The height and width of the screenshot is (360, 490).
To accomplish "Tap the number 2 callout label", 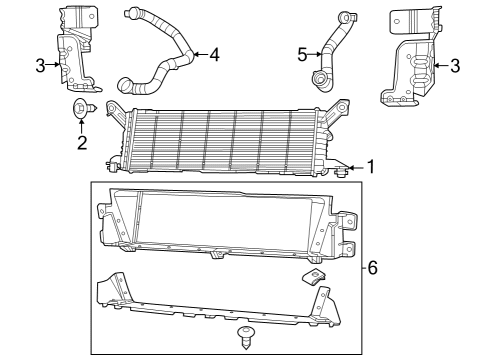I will [x=82, y=143].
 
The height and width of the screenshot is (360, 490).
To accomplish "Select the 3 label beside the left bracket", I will [x=40, y=66].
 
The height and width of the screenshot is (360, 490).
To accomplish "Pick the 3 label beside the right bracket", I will [x=455, y=66].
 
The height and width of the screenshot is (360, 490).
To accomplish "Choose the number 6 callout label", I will [x=372, y=268].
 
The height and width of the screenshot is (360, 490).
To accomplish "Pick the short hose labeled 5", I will [x=330, y=50].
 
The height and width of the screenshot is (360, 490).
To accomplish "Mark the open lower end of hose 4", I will [x=126, y=85].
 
